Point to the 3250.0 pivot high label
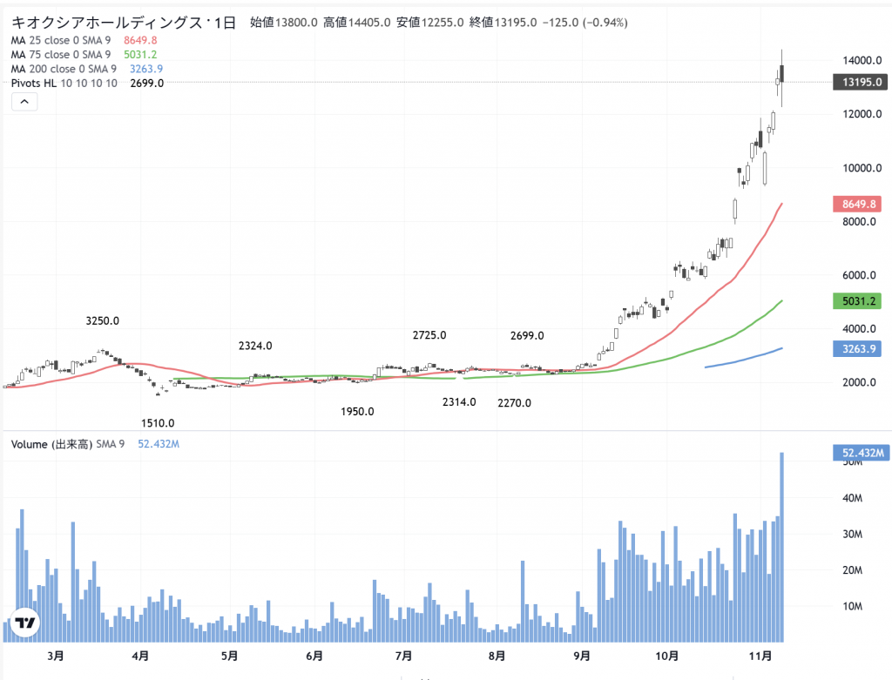pyautogui.click(x=103, y=321)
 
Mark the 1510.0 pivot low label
pyautogui.click(x=158, y=424)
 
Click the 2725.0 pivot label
pyautogui.click(x=429, y=335)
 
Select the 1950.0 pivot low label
pyautogui.click(x=357, y=412)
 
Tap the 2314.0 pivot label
pyautogui.click(x=459, y=402)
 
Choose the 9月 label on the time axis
pyautogui.click(x=582, y=656)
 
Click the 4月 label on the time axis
pyautogui.click(x=140, y=656)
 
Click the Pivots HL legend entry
pyautogui.click(x=64, y=83)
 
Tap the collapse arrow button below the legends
pyautogui.click(x=24, y=102)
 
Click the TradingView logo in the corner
pyautogui.click(x=25, y=623)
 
